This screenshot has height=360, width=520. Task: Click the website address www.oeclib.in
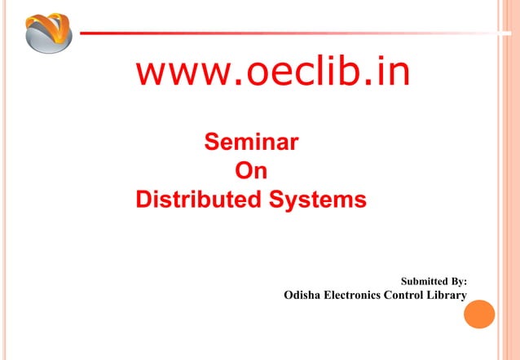[272, 73]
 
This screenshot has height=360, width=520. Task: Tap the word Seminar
[250, 145]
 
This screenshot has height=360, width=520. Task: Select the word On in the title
[250, 172]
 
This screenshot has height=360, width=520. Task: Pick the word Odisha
[302, 295]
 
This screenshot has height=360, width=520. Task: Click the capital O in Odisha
[289, 295]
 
